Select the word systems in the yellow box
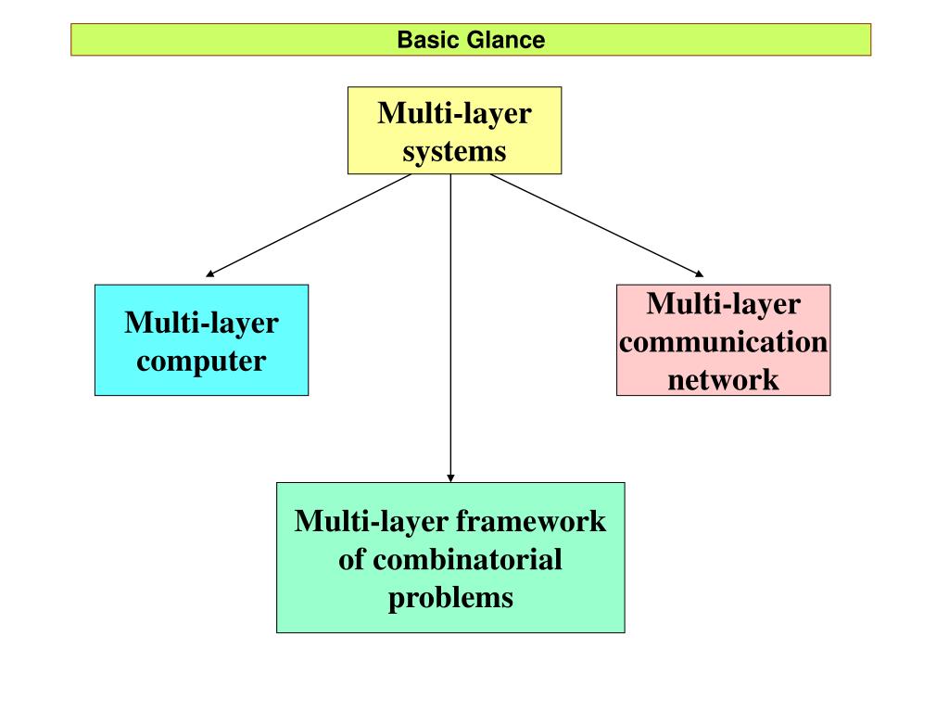click(x=454, y=151)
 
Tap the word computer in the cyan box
click(x=201, y=362)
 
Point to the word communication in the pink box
click(x=723, y=342)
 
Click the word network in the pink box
click(x=723, y=380)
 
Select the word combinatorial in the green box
click(x=467, y=559)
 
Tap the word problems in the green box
click(x=451, y=598)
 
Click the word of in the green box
click(x=351, y=559)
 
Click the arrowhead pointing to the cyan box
click(x=209, y=274)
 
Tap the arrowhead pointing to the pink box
click(x=700, y=274)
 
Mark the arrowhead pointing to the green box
click(x=450, y=478)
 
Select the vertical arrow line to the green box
click(x=450, y=328)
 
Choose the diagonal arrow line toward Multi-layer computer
click(x=309, y=225)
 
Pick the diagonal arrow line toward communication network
click(x=597, y=225)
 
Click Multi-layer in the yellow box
click(x=454, y=114)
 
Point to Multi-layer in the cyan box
click(x=201, y=323)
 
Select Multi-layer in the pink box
click(x=723, y=304)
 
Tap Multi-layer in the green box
click(x=372, y=521)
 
